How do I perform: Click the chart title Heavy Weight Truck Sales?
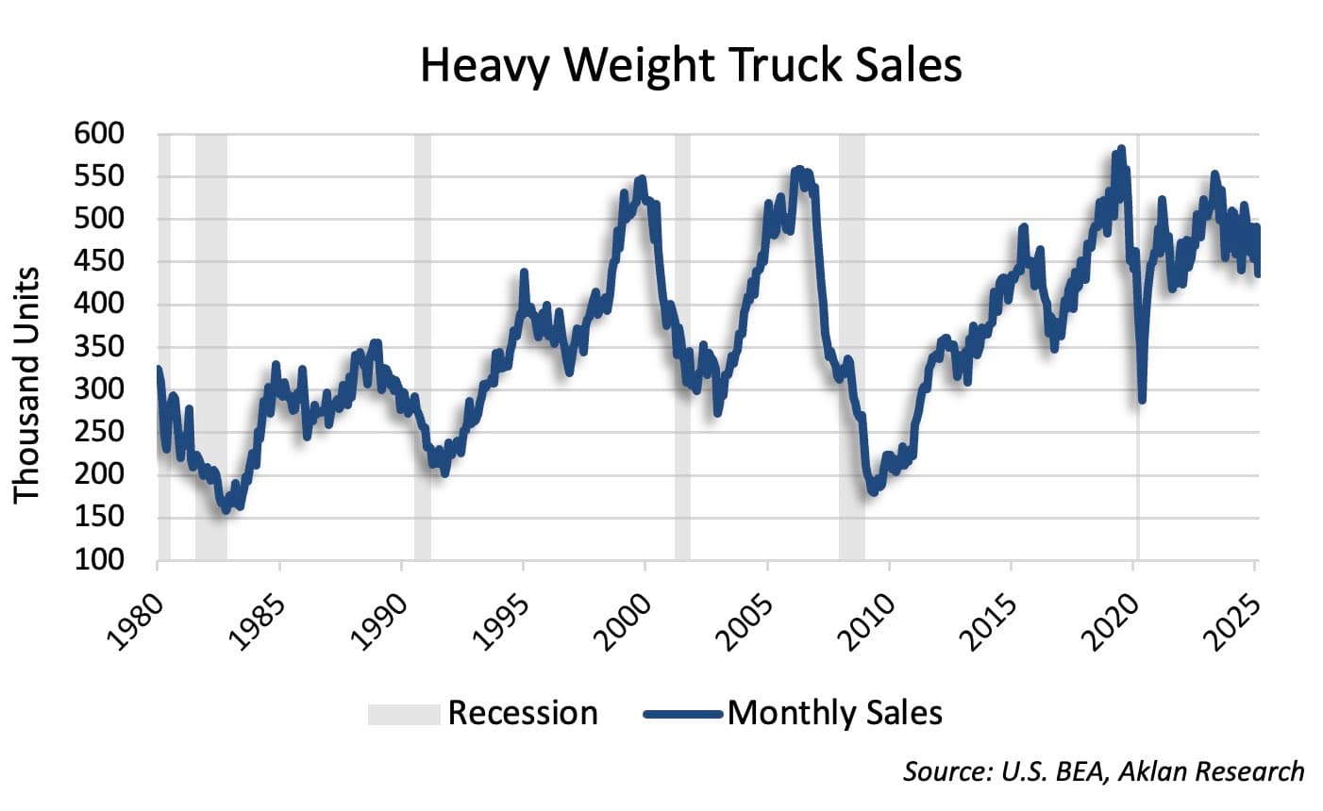pos(691,66)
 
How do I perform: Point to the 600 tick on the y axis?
pos(99,135)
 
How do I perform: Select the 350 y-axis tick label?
pos(99,347)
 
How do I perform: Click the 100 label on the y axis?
pos(99,559)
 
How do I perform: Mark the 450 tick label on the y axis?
pos(99,262)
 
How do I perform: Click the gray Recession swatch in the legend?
pos(404,714)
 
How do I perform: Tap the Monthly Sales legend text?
pos(834,713)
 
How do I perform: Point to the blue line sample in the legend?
pos(683,714)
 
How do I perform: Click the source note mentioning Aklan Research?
pos(1104,770)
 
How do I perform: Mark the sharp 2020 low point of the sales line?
pos(1142,401)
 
